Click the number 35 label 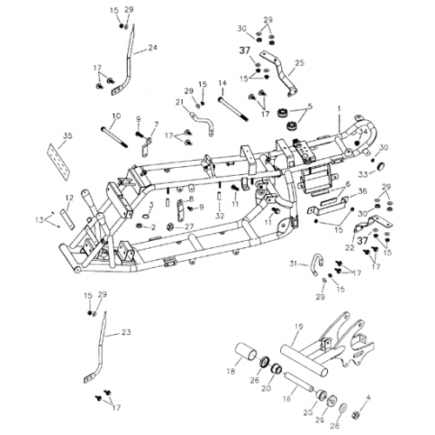[69, 136]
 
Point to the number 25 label [300, 63]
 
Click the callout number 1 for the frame [338, 107]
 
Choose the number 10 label [116, 116]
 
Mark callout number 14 [222, 83]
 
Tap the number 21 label [181, 102]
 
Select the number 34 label [365, 132]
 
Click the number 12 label [69, 197]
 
